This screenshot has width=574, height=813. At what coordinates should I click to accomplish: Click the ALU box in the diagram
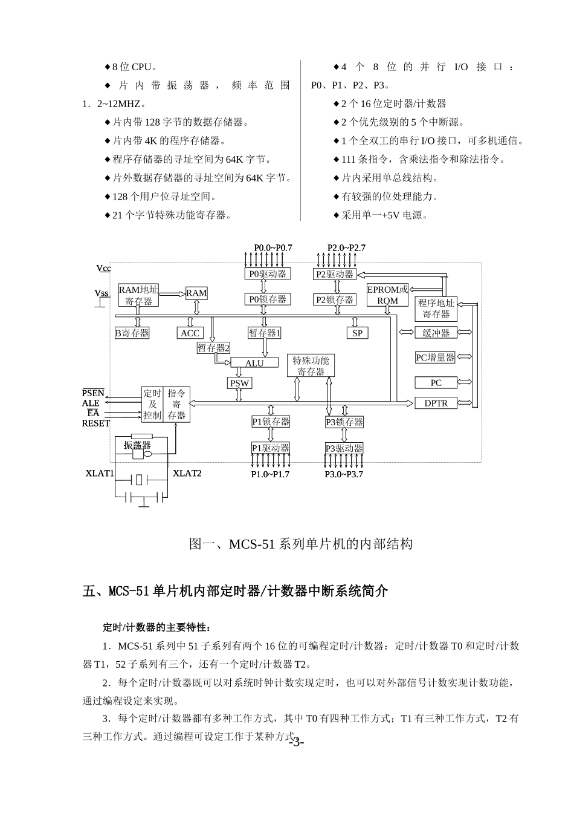pyautogui.click(x=254, y=363)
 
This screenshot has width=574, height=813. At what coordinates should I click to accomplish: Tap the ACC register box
pyautogui.click(x=190, y=333)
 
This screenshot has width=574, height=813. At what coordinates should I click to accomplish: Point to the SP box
pyautogui.click(x=357, y=333)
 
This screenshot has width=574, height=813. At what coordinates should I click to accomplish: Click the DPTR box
pyautogui.click(x=436, y=403)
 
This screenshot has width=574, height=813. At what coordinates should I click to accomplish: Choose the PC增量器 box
pyautogui.click(x=435, y=358)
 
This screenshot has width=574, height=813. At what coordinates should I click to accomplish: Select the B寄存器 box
pyautogui.click(x=132, y=333)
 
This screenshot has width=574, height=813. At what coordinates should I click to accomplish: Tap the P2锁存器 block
pyautogui.click(x=335, y=299)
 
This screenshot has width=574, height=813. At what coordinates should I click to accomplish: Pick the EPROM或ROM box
pyautogui.click(x=387, y=295)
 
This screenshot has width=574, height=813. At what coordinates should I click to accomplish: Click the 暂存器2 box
pyautogui.click(x=213, y=348)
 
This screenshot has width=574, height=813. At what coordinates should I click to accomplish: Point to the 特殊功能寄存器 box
pyautogui.click(x=311, y=366)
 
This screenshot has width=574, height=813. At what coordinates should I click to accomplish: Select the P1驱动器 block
pyautogui.click(x=271, y=448)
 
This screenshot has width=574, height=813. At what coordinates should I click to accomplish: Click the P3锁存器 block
pyautogui.click(x=344, y=422)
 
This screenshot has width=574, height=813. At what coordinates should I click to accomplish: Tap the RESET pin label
pyautogui.click(x=96, y=423)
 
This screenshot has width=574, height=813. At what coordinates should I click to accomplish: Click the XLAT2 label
pyautogui.click(x=187, y=473)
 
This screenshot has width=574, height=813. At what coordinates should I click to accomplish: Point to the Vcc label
pyautogui.click(x=103, y=268)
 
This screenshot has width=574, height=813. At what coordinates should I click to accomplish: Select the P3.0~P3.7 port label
pyautogui.click(x=344, y=474)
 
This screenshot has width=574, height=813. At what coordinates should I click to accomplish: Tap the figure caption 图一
pyautogui.click(x=301, y=544)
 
